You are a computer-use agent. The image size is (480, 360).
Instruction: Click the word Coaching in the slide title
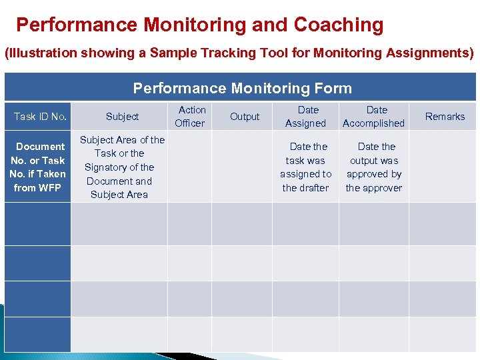click(339, 25)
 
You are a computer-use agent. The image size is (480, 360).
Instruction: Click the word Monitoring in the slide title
click(196, 25)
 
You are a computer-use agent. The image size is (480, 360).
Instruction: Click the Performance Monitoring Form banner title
click(242, 88)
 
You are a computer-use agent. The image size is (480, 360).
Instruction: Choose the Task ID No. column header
click(40, 117)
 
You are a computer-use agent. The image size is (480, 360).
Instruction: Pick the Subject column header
click(123, 117)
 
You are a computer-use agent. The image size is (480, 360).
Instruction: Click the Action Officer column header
click(191, 117)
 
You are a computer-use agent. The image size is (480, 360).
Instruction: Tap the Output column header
click(245, 117)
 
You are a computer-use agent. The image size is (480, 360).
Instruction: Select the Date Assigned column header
click(306, 117)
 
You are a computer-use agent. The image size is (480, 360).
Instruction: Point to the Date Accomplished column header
click(374, 117)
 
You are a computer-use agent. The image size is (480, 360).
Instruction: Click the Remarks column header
click(445, 117)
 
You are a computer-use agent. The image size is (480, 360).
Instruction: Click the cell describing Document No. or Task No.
click(38, 167)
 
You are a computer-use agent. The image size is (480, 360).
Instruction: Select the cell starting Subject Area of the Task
click(121, 167)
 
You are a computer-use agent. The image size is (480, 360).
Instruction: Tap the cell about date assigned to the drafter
click(306, 167)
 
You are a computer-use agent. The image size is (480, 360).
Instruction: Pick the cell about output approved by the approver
click(374, 167)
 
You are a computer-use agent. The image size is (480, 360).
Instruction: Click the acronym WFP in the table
click(49, 188)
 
